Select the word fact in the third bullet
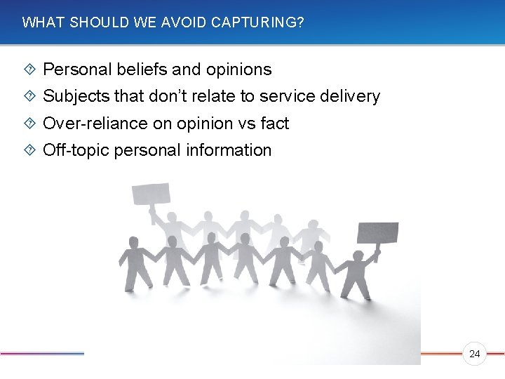[x=274, y=124]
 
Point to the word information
[x=229, y=150]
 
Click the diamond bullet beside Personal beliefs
[x=29, y=69]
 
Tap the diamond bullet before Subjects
[x=29, y=96]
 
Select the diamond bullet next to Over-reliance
[x=29, y=124]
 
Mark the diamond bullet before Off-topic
[x=29, y=150]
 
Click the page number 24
[x=475, y=354]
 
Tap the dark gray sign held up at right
[x=377, y=232]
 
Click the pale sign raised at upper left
[x=152, y=193]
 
